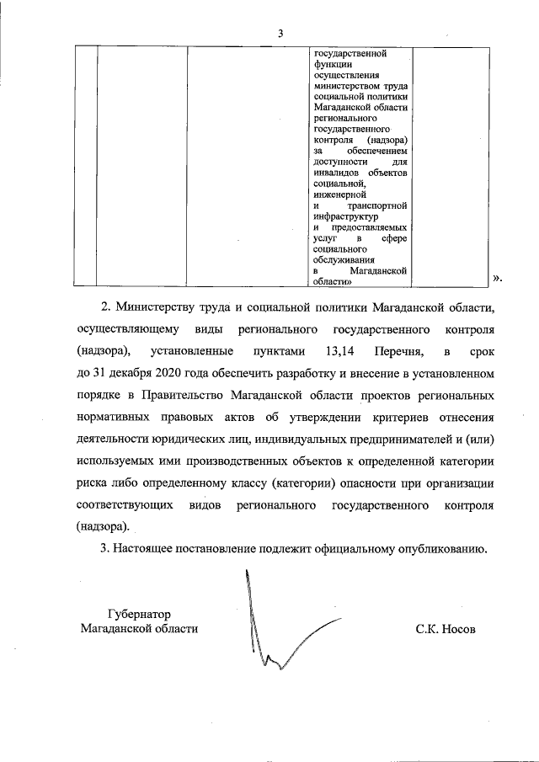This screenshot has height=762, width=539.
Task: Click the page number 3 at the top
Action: point(280,33)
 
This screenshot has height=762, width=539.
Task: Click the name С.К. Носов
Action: point(446,629)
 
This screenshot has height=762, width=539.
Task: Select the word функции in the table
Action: point(332,63)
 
